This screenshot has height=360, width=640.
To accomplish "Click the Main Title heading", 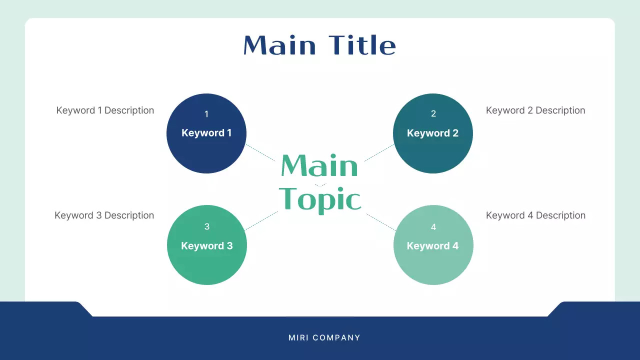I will (x=319, y=45).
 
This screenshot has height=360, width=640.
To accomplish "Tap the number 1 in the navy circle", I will (x=206, y=114).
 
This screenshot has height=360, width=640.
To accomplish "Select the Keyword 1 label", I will (x=206, y=133).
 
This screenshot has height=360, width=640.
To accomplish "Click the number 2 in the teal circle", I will (x=433, y=114).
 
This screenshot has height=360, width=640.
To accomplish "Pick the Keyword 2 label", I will (x=432, y=133).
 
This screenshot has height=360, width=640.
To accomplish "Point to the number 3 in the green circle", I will (x=207, y=227).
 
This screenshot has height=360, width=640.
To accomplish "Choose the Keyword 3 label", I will (x=206, y=246).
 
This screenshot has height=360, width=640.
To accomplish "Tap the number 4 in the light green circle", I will (x=433, y=227).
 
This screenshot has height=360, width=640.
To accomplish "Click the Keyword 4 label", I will (x=432, y=246).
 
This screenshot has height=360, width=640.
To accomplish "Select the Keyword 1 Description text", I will (x=105, y=110).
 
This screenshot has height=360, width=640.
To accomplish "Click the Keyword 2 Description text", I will (x=535, y=110).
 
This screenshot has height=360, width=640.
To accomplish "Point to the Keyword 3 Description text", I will (x=104, y=215).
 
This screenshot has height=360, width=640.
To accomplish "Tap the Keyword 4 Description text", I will (x=535, y=215).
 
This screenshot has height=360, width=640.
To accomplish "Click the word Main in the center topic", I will (x=319, y=165).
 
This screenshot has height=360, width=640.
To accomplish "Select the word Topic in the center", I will (x=319, y=199).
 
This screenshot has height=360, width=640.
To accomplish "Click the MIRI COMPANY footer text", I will (x=324, y=338).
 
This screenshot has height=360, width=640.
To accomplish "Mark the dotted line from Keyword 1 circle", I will (x=260, y=152).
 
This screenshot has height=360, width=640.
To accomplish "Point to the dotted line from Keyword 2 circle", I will (x=379, y=153).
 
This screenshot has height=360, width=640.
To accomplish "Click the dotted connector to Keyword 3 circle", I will (x=261, y=220).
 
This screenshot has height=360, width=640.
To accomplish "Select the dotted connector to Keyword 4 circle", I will (x=381, y=222).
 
